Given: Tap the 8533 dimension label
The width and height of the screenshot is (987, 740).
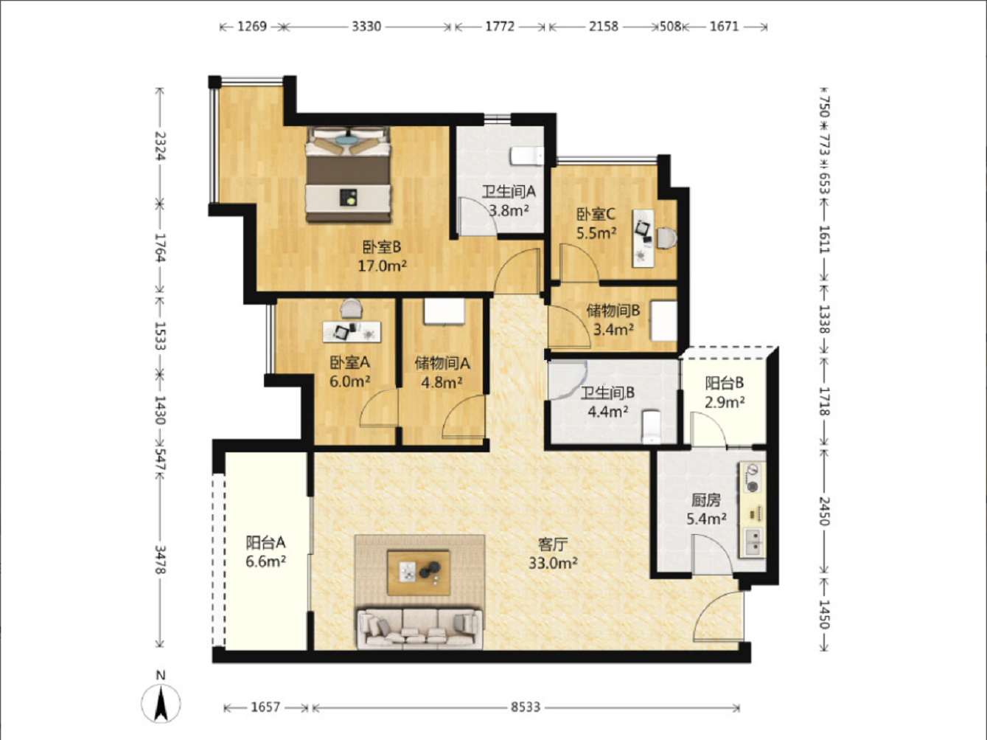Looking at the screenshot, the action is coord(526,708).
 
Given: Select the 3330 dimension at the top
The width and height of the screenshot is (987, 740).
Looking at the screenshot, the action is coord(366,27).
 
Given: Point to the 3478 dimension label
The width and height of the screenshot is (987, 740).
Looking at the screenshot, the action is coord(161,559).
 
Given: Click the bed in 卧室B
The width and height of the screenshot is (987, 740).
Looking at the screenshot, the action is coord(348,174).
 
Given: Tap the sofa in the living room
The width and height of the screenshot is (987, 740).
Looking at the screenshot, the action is coord(419,629).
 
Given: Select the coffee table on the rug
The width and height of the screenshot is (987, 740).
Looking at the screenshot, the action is coord(419,573).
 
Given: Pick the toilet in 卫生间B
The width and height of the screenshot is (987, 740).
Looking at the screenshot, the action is coord(651,426).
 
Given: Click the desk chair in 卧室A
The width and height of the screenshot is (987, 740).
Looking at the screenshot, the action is coord(351,308).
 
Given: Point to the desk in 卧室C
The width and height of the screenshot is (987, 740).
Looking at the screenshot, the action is coord(644,238).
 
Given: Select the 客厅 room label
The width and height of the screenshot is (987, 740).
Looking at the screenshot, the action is coord(553,544).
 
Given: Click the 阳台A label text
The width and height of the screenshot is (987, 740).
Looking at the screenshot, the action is coord(266,543).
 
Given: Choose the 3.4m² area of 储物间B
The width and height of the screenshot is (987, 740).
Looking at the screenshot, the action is coord(614,330).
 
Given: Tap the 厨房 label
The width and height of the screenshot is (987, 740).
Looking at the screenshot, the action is coord(706,499).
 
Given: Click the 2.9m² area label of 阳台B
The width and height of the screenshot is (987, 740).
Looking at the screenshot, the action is coord(724,401).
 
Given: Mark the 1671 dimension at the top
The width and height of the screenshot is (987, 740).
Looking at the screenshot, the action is coord(724,27).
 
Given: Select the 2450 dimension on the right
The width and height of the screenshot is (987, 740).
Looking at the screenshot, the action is coord(824,511).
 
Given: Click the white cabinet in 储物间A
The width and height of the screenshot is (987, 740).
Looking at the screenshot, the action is coord(444,311).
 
